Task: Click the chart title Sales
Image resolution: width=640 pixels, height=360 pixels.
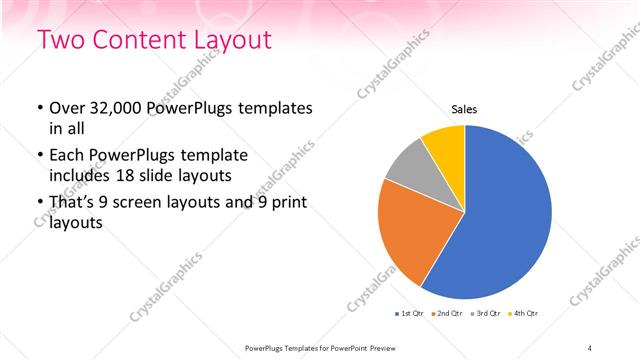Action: point(465,109)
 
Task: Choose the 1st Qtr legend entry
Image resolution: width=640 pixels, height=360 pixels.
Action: point(410,314)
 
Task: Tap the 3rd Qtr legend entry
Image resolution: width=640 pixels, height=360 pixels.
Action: point(486,314)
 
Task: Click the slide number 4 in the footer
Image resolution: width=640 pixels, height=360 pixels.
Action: point(590,347)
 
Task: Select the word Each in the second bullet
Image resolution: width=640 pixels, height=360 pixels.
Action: point(68,155)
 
